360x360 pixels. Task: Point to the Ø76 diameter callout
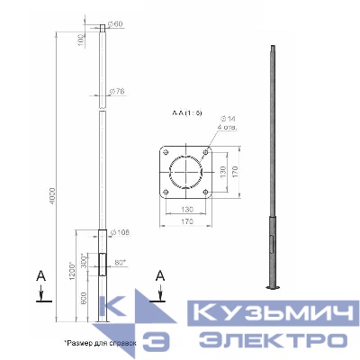[x=116, y=92]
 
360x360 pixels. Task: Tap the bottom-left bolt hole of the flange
[x=166, y=193]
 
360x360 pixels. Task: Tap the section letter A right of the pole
[x=160, y=274]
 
